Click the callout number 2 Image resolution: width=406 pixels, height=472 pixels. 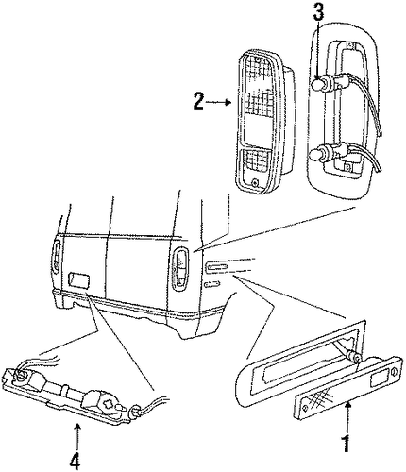click(198, 101)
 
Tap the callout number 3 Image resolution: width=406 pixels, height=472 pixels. click(319, 13)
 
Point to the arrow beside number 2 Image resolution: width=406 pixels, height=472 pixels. click(219, 102)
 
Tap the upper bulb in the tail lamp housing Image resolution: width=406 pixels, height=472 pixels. click(318, 83)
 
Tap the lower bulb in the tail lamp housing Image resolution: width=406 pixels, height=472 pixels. click(316, 155)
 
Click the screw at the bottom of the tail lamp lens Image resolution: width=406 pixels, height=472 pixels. click(255, 182)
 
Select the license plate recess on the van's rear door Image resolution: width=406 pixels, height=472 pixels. click(78, 279)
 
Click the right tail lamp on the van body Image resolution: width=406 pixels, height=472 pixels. click(181, 268)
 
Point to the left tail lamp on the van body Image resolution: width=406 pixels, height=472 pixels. click(57, 256)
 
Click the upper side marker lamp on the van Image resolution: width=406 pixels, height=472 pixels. click(216, 267)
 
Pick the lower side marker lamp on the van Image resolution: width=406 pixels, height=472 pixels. click(211, 284)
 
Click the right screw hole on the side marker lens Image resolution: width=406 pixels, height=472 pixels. click(394, 372)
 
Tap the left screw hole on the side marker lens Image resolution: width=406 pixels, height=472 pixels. click(305, 408)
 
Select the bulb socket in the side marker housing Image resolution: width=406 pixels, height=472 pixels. click(353, 357)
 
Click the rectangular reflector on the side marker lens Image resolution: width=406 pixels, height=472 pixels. click(379, 379)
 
